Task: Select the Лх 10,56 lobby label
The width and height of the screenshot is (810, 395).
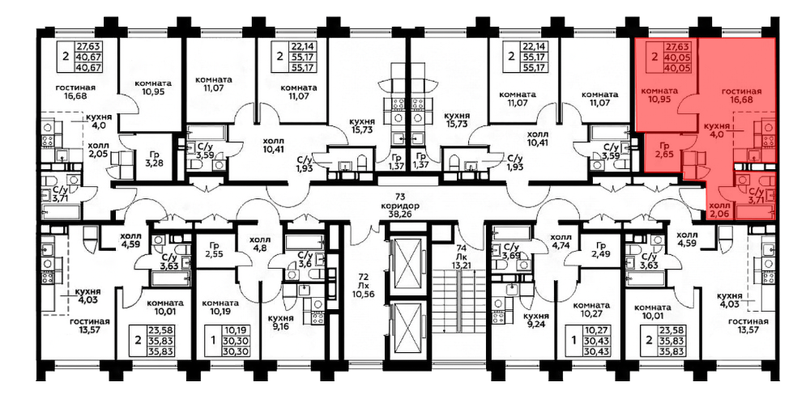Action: pos(363,289)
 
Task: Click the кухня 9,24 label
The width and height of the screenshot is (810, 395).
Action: pos(535,321)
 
